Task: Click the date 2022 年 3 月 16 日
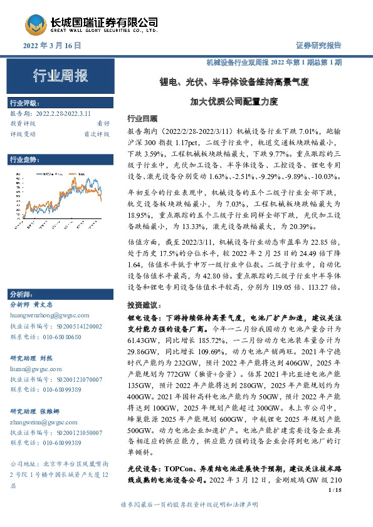[x=53, y=46]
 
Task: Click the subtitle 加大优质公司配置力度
[x=233, y=100]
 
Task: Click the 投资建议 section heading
[x=142, y=303]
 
